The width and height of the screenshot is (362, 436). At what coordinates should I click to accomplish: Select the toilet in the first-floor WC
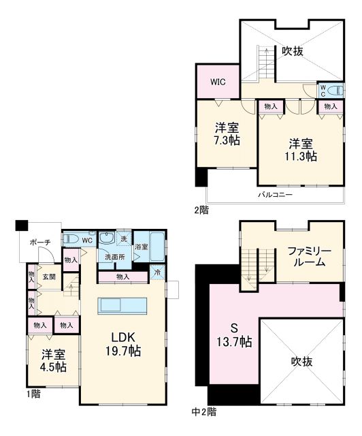click(71, 240)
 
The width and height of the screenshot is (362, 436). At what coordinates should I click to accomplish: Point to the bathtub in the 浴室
click(157, 246)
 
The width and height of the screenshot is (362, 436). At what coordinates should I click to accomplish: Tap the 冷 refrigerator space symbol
click(157, 274)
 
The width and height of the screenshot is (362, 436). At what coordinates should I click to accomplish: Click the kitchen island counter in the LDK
click(122, 305)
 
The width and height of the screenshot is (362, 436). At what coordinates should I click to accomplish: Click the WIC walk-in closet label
click(217, 82)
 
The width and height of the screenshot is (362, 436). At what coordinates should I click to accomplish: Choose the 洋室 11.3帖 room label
click(299, 149)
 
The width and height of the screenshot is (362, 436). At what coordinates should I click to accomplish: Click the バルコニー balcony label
click(275, 194)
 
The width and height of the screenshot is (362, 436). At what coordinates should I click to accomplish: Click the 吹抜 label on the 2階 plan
click(293, 51)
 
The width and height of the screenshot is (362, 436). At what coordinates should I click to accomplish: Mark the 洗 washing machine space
click(123, 238)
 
